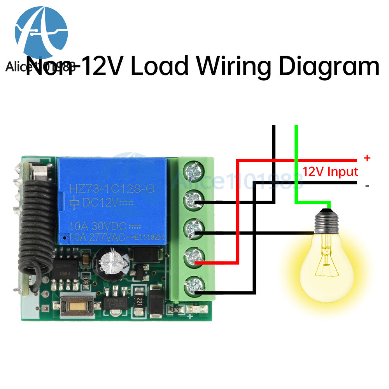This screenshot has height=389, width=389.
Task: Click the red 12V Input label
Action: point(330,171)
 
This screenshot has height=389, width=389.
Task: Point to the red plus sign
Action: point(366,158)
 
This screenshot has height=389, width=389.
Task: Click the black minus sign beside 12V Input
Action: point(367,186)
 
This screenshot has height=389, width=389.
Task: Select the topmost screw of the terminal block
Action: point(192,170)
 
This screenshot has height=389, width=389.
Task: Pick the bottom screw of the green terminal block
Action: point(192,286)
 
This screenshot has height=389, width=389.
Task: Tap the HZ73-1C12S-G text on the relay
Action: point(112,189)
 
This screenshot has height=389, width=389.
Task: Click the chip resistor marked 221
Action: point(138,302)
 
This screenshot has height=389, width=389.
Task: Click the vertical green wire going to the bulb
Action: point(296,163)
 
